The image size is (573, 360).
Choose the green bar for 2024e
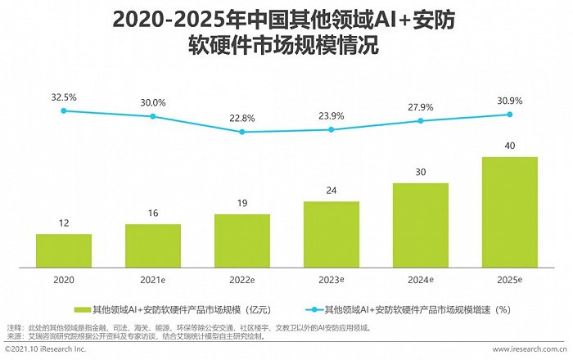(x=421, y=223)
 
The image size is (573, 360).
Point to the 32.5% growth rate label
(x=63, y=97)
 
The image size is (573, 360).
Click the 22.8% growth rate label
(x=241, y=118)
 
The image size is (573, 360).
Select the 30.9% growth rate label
(x=509, y=100)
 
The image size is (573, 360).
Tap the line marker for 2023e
(x=331, y=129)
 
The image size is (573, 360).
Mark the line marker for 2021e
(x=152, y=116)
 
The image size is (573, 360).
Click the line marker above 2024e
(x=421, y=120)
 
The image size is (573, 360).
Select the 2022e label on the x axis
(x=242, y=279)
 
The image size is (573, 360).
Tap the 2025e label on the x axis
(x=510, y=279)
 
